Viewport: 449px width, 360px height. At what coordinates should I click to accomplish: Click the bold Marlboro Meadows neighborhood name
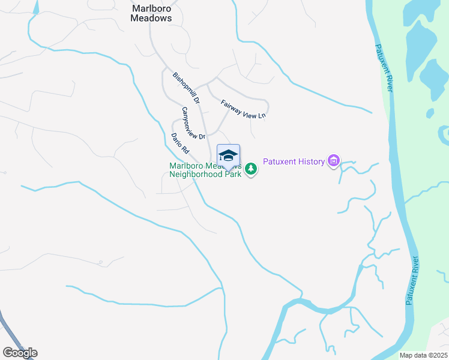pos(151,13)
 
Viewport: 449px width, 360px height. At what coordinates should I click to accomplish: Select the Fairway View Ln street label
pos(243,109)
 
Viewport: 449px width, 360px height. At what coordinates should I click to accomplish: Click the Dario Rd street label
pos(179,143)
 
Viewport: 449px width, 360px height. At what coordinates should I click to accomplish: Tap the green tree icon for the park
pos(252,170)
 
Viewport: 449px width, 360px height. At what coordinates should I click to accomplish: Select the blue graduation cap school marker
pos(228,156)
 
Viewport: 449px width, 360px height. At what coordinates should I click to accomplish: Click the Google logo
pos(20,353)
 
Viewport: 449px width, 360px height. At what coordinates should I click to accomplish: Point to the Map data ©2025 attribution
pos(423,355)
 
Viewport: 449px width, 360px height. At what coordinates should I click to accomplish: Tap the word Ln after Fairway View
pos(261,115)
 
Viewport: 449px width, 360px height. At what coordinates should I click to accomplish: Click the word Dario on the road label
pos(176,140)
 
